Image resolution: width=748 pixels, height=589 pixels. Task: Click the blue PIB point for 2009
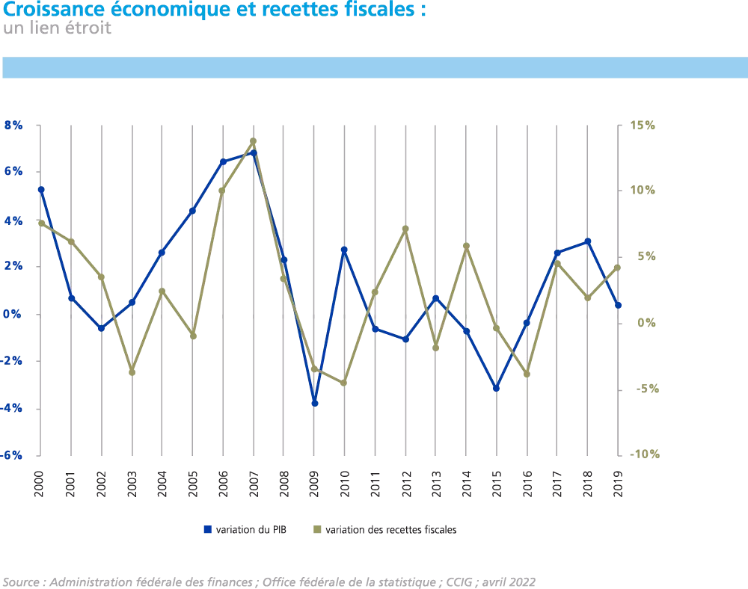[315, 403]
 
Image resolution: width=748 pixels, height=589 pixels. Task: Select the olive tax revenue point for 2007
[253, 141]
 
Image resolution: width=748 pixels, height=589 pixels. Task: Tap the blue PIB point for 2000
[41, 189]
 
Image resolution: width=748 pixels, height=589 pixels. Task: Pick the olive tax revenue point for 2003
[132, 371]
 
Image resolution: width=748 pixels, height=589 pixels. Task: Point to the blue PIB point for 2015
[496, 388]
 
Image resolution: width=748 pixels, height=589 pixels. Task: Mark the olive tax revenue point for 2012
[405, 229]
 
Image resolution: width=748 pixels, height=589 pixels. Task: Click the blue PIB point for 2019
[619, 305]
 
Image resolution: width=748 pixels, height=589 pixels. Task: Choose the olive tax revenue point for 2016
[527, 374]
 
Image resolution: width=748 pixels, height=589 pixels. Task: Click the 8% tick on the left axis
[14, 126]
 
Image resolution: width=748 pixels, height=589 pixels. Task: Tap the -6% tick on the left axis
[13, 455]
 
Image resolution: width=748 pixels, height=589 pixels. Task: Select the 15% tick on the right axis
[643, 126]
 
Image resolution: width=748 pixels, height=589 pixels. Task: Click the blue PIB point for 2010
[345, 250]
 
